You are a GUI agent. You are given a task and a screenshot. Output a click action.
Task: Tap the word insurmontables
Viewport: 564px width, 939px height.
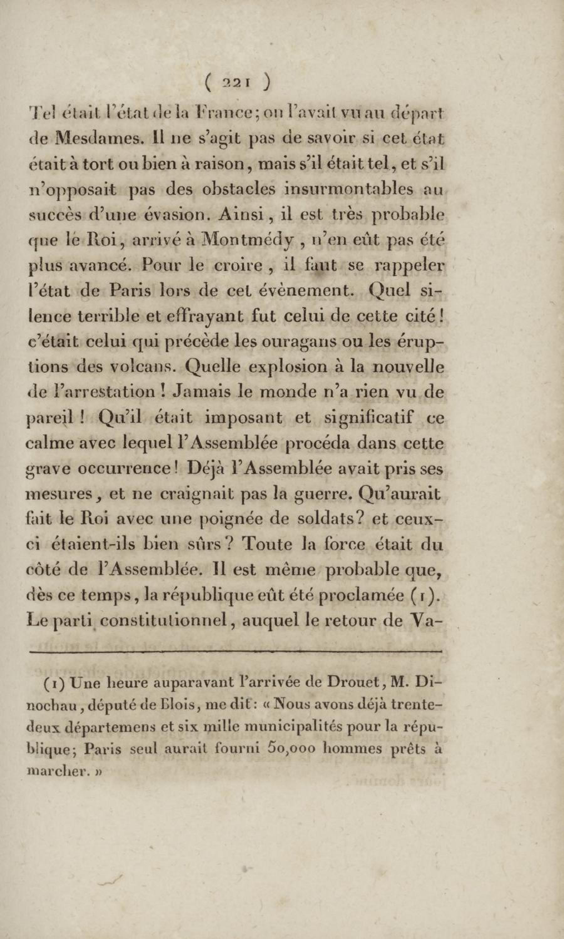[353, 189]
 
